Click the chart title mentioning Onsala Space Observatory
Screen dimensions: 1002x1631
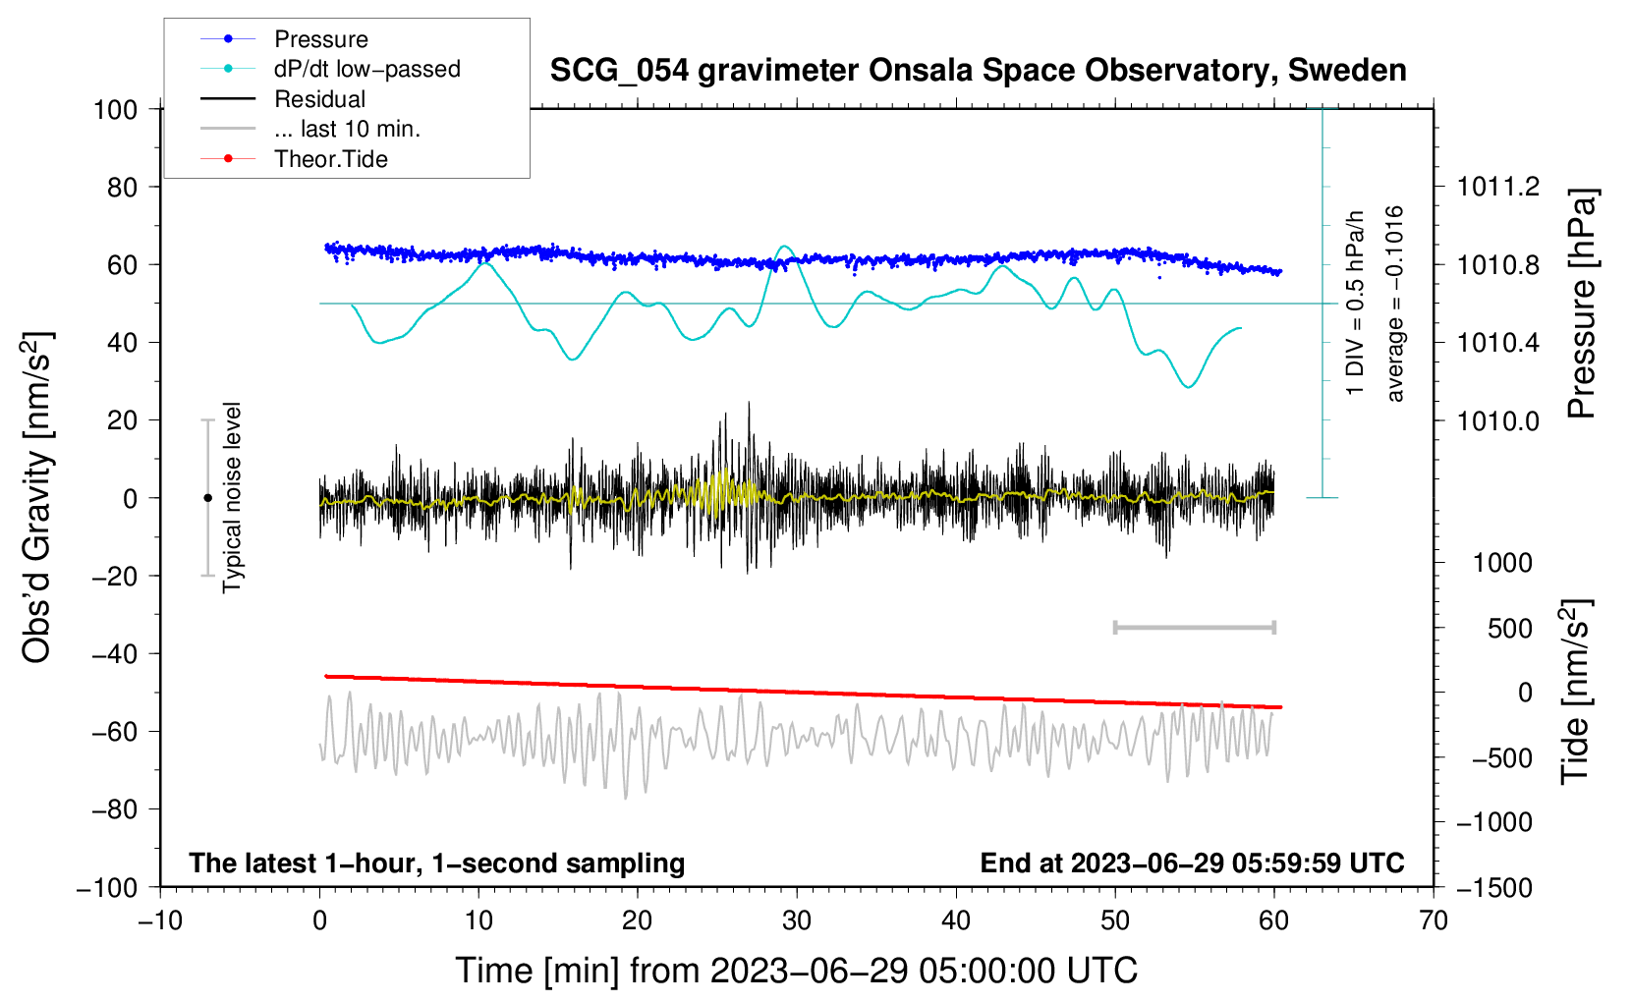click(x=978, y=71)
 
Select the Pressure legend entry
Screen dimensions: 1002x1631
click(x=320, y=39)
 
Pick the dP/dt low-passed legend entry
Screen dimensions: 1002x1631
click(x=366, y=69)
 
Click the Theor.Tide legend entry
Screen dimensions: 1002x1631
click(x=330, y=159)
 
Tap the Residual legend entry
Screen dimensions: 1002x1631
click(x=319, y=99)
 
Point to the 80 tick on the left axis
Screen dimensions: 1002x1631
click(x=122, y=187)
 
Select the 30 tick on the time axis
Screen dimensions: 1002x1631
click(x=797, y=920)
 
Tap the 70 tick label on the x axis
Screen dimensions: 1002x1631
click(x=1434, y=920)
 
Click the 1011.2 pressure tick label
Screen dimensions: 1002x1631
click(x=1498, y=187)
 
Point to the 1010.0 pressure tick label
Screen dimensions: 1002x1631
click(x=1498, y=420)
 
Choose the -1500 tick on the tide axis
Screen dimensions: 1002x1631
click(x=1494, y=887)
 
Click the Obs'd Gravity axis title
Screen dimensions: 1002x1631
click(x=37, y=497)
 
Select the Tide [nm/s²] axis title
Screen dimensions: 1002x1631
click(x=1575, y=692)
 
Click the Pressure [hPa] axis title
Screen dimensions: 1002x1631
click(x=1582, y=304)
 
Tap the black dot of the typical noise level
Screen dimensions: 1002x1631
click(x=207, y=498)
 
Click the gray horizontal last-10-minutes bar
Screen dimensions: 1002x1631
click(x=1194, y=627)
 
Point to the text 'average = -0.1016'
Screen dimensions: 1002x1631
click(x=1394, y=304)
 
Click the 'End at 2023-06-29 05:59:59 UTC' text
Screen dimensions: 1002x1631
click(x=1192, y=863)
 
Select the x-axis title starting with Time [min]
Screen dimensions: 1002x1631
click(x=796, y=971)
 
